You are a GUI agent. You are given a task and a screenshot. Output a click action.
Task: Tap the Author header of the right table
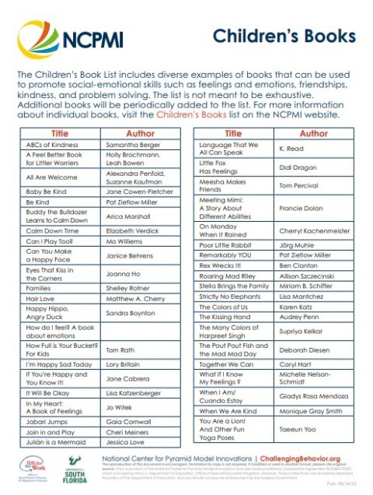point(313,134)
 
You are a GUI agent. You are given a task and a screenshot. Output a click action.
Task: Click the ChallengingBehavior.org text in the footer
point(311,459)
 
